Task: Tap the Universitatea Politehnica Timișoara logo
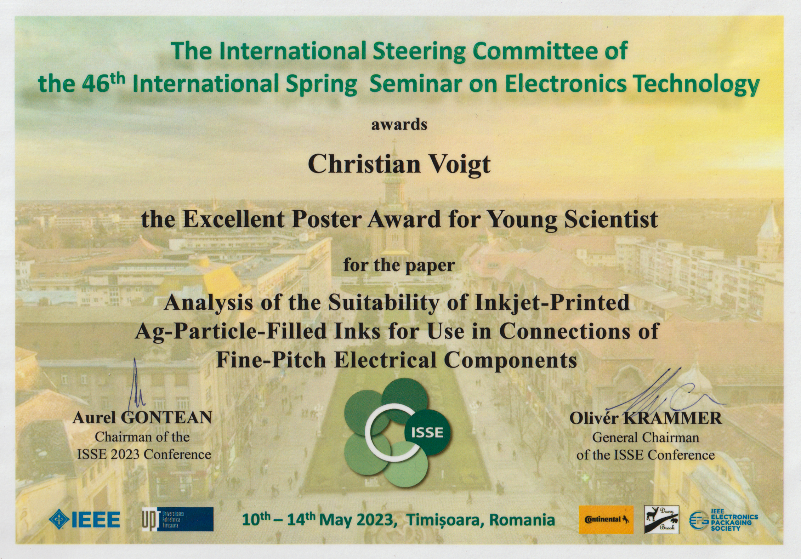point(177,519)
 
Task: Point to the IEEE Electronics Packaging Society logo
point(723,520)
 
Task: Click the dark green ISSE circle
point(427,432)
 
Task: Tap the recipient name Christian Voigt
point(399,164)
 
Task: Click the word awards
point(399,125)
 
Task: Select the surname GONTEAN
point(166,418)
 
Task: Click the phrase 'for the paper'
point(399,265)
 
